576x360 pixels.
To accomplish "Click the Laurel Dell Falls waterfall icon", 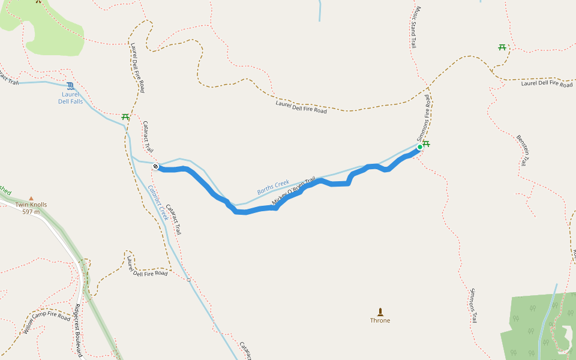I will [x=71, y=86].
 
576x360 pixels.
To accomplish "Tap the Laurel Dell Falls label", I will [x=71, y=98].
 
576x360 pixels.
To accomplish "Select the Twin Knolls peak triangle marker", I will [x=31, y=198].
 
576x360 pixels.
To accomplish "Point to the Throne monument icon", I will [x=380, y=311].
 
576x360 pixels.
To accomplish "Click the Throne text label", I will [x=380, y=320].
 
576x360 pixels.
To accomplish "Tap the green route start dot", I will [x=420, y=147].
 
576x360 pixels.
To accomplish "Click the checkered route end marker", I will [x=155, y=166].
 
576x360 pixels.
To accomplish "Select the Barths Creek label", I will [x=273, y=187].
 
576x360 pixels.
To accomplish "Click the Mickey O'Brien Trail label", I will [x=293, y=191].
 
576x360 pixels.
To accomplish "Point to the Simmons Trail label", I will [x=474, y=305].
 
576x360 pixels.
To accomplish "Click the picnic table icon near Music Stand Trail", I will [x=502, y=47].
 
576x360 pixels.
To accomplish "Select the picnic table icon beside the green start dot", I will [x=427, y=143].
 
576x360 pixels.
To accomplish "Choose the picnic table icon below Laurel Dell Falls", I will [x=125, y=116].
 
